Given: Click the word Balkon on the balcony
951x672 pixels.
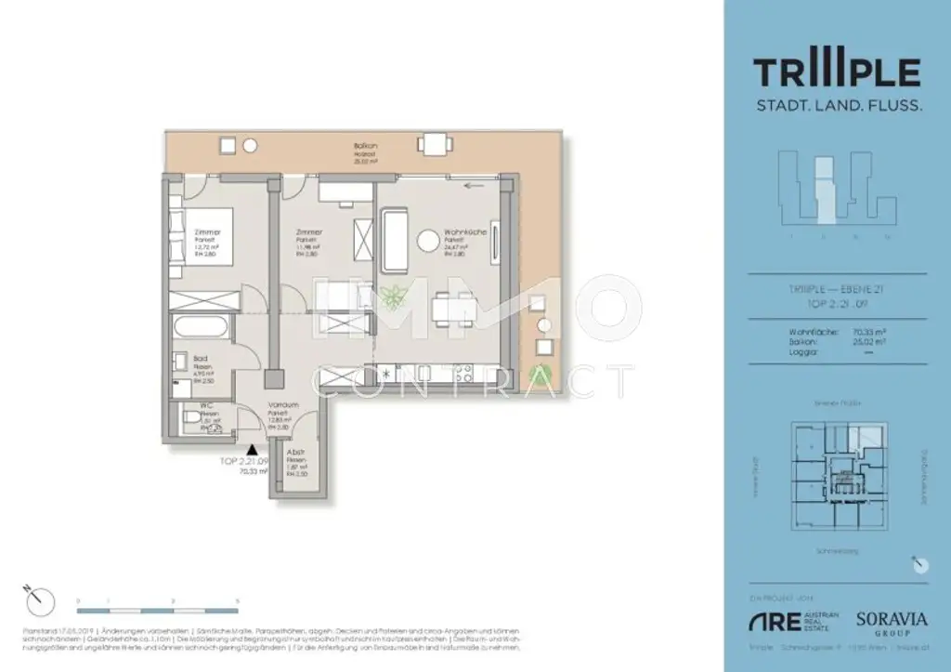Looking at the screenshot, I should pyautogui.click(x=364, y=146).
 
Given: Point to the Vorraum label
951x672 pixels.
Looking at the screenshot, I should pyautogui.click(x=282, y=405).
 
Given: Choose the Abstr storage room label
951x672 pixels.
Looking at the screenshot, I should pyautogui.click(x=296, y=453).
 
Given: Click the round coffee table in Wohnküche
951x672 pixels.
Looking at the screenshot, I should pyautogui.click(x=427, y=241).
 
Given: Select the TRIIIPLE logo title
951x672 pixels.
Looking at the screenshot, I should pyautogui.click(x=837, y=72).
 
